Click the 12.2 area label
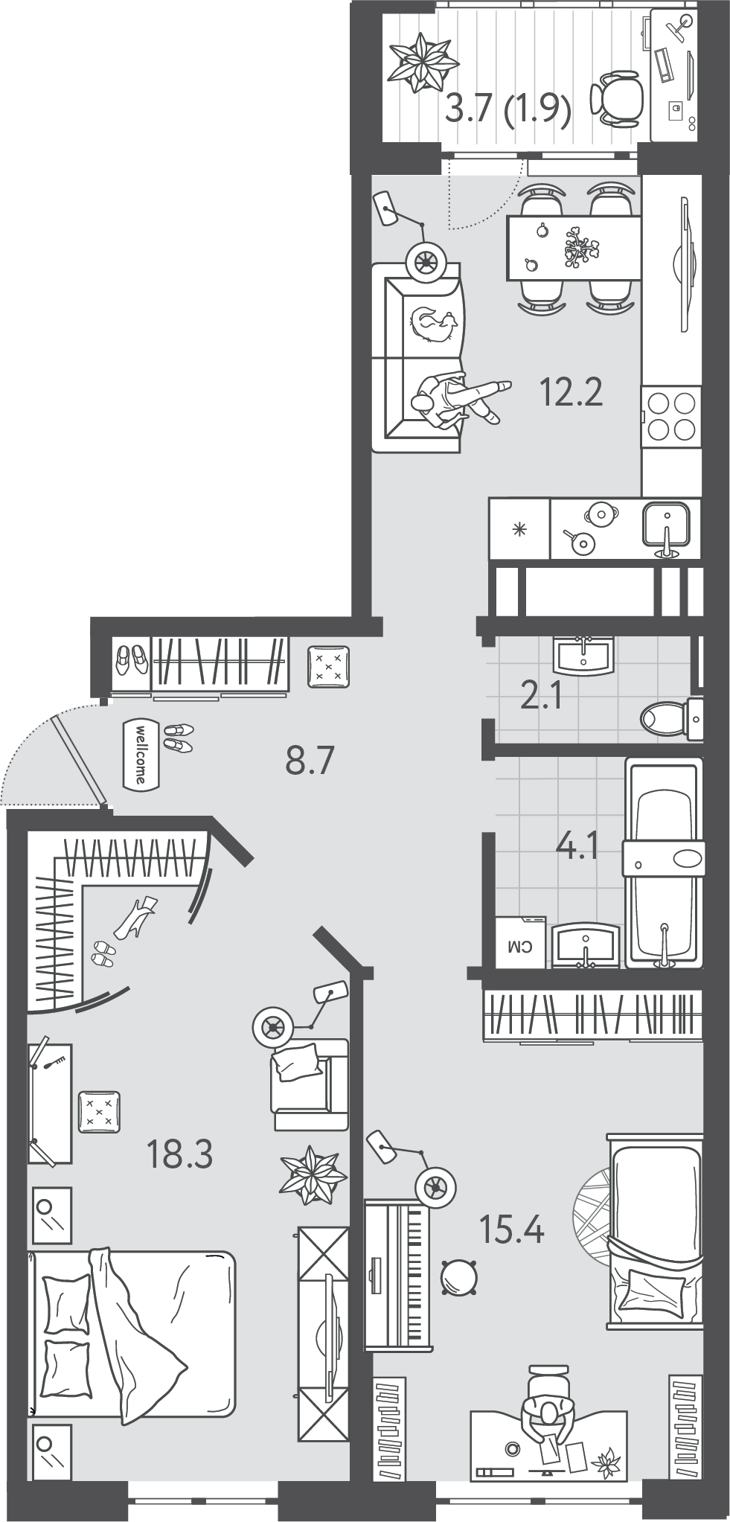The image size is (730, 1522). (x=571, y=393)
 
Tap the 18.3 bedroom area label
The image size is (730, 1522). (x=180, y=1154)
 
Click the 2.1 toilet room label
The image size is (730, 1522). (x=541, y=699)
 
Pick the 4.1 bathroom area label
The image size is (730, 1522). (x=577, y=847)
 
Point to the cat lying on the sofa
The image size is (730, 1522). (x=435, y=325)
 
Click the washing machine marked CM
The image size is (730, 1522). (x=521, y=941)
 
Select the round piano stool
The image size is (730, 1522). (x=459, y=1279)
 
